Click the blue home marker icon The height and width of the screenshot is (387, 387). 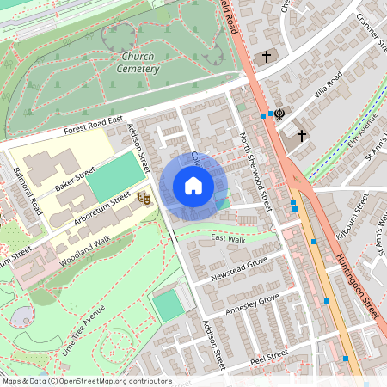[x=193, y=186]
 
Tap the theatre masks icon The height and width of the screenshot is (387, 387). [x=145, y=199]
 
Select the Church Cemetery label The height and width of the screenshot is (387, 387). [x=136, y=63]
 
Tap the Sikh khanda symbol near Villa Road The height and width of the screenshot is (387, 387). [x=279, y=114]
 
